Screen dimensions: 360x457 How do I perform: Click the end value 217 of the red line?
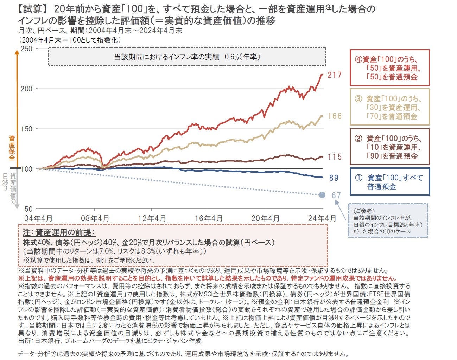pos(334,75)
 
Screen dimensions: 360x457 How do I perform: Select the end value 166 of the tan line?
pos(334,116)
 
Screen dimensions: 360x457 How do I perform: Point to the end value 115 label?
pos(334,157)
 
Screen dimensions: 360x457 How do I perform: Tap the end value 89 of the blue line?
pos(334,178)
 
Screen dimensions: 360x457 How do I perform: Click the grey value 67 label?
pos(336,195)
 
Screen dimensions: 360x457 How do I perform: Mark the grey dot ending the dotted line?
pos(322,195)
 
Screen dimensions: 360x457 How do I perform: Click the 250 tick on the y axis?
pos(27,49)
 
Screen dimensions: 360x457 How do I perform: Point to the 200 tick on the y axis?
pos(27,89)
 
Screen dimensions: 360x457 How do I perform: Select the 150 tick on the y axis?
pos(27,129)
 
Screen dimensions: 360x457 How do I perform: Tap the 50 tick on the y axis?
pos(28,209)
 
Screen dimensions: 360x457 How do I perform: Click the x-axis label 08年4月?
pos(95,218)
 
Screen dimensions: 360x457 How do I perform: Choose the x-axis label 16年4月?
pos(209,218)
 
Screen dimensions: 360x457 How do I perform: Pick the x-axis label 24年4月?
pos(322,218)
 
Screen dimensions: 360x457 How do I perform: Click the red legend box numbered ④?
pos(389,68)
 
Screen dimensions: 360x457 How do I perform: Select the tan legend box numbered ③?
pos(389,107)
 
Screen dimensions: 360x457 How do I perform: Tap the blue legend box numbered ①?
pos(389,182)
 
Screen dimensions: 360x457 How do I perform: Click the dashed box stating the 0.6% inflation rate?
pos(187,57)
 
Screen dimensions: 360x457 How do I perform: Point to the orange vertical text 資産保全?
pos(12,148)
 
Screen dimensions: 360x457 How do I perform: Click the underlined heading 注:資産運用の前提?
pos(59,233)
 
